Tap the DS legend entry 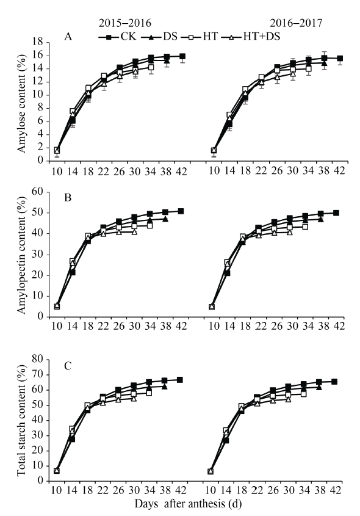coord(159,37)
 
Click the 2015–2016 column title coord(125,23)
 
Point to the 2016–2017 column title coord(296,23)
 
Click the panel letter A coord(68,36)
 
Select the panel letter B coord(68,197)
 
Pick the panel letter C coord(68,366)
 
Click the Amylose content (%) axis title coord(21,104)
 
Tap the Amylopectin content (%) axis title coord(21,255)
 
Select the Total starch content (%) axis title coord(21,420)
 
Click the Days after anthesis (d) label coord(188,504)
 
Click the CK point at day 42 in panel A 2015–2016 coord(182,56)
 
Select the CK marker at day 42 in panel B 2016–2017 coord(336,213)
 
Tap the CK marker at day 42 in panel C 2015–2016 coord(180,380)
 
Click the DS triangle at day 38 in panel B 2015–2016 coord(165,219)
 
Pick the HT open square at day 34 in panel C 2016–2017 coord(303,394)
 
